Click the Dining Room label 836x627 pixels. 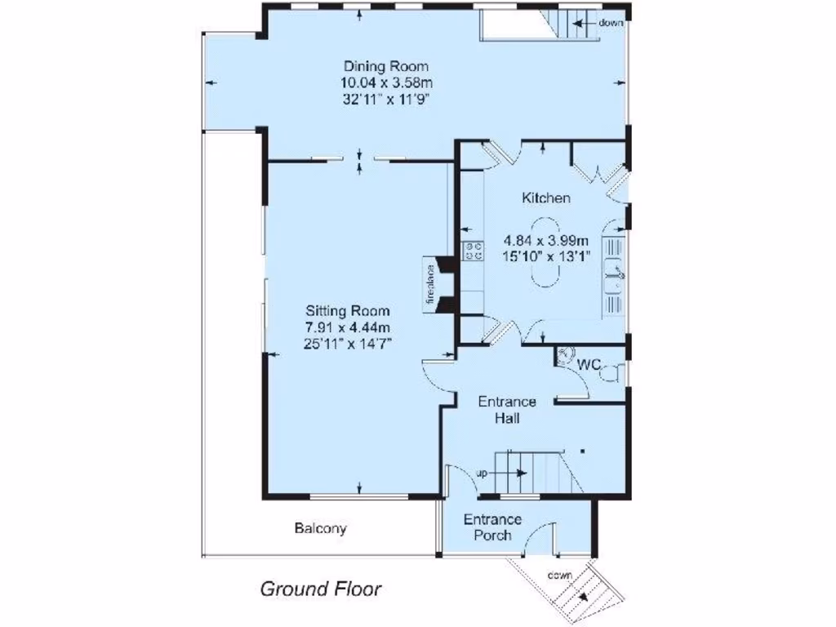pos(386,66)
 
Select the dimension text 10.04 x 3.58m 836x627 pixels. pos(386,82)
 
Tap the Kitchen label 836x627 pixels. pos(546,198)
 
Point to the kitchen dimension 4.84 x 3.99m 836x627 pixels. pos(546,240)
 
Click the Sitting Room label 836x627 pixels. pos(348,311)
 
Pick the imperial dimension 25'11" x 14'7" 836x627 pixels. pos(348,344)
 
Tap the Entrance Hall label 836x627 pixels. pos(506,410)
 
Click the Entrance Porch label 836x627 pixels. pos(492,527)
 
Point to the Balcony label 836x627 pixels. pos(320,528)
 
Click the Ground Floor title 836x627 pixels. pos(321,589)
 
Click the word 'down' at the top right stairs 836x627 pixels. pos(611,23)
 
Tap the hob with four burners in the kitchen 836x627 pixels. pos(473,251)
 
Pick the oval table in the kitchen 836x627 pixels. pos(546,253)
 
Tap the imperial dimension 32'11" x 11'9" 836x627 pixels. pos(386,99)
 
